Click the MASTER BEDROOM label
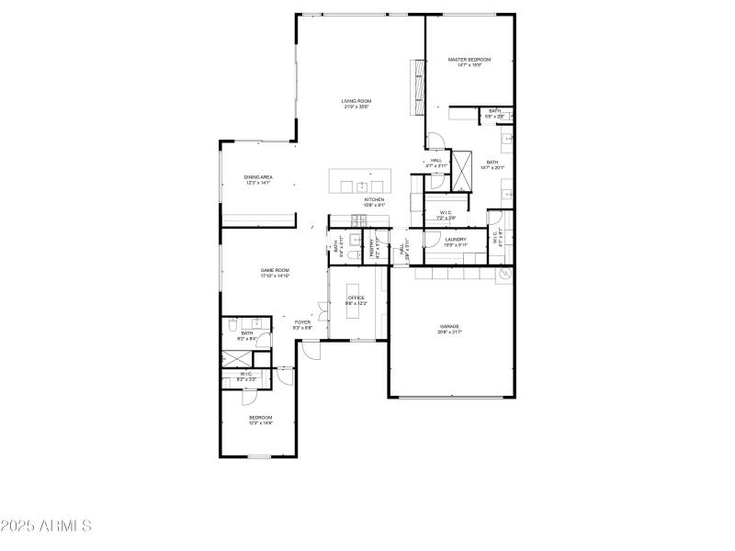pyautogui.click(x=469, y=60)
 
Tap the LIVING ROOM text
pyautogui.click(x=356, y=101)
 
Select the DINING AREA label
pyautogui.click(x=258, y=176)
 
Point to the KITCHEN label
pyautogui.click(x=374, y=199)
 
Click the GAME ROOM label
pyautogui.click(x=275, y=270)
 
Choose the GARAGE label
pyautogui.click(x=449, y=326)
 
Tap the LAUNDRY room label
pyautogui.click(x=456, y=240)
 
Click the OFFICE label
pyautogui.click(x=356, y=298)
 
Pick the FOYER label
pyautogui.click(x=302, y=322)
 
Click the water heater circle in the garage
pyautogui.click(x=503, y=275)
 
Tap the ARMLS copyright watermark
pyautogui.click(x=46, y=526)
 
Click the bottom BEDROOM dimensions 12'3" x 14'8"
pyautogui.click(x=261, y=423)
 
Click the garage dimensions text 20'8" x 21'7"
pyautogui.click(x=449, y=332)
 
